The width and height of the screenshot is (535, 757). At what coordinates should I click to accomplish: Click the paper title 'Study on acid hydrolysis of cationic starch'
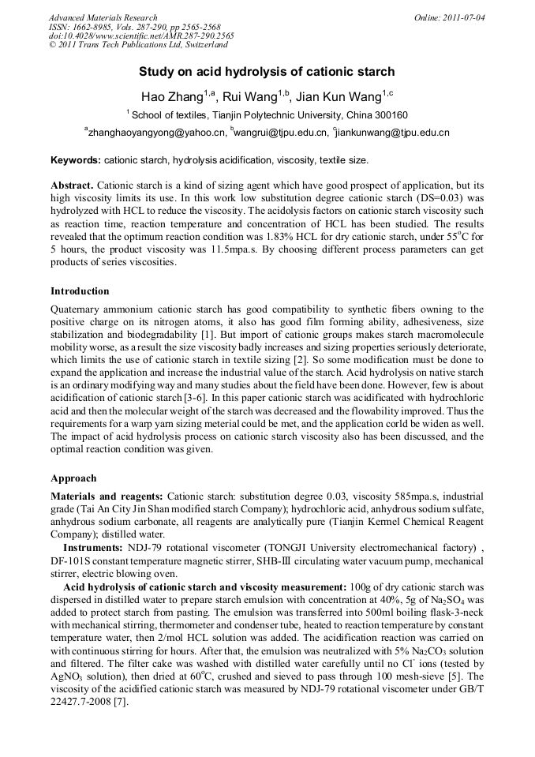pos(267,72)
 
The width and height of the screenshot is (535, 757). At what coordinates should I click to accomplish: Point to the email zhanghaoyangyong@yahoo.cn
pos(155,133)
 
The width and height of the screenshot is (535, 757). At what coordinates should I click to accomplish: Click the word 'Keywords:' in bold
pos(75,160)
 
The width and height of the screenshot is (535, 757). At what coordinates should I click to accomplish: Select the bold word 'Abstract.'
pos(72,184)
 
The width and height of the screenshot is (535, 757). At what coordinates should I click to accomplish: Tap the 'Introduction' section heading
pos(80,291)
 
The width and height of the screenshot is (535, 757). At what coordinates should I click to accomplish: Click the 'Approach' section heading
pos(73,478)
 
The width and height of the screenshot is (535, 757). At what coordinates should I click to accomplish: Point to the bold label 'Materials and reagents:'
pos(107,496)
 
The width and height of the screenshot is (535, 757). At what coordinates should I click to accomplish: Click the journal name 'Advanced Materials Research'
pos(103,17)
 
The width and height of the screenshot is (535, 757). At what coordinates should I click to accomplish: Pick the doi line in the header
pos(140,36)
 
